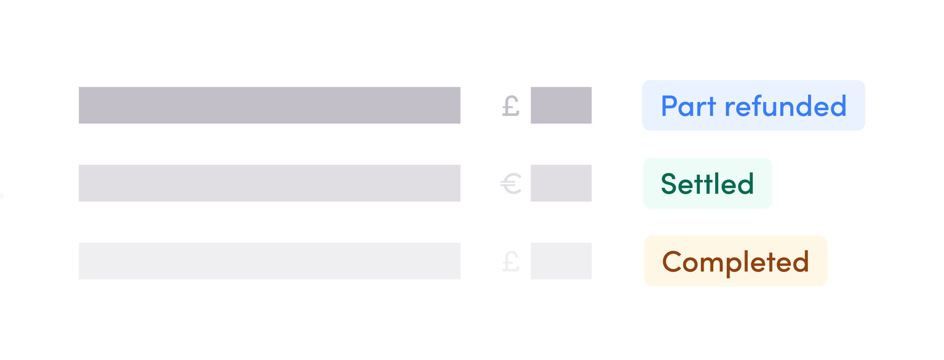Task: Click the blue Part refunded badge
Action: click(x=753, y=105)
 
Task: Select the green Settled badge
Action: click(x=708, y=183)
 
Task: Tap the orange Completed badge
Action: click(x=736, y=261)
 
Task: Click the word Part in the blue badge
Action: click(x=688, y=106)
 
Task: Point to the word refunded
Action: click(x=786, y=106)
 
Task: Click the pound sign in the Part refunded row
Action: click(x=511, y=106)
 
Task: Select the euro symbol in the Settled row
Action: click(x=511, y=184)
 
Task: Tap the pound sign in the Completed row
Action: click(x=511, y=261)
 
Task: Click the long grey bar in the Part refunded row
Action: click(x=270, y=105)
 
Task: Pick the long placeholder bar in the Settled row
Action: click(x=270, y=183)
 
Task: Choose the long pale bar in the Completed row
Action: click(x=270, y=261)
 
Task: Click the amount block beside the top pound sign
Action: click(x=561, y=105)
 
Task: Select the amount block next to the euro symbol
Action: click(x=561, y=183)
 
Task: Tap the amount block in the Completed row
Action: click(x=561, y=261)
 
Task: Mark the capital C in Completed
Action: click(x=672, y=261)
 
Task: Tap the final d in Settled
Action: click(x=746, y=183)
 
